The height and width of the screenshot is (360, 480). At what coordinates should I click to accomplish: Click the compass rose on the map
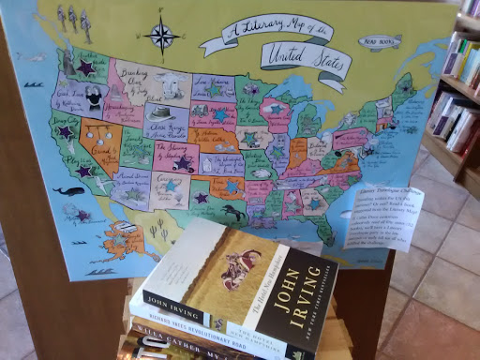pyautogui.click(x=164, y=37)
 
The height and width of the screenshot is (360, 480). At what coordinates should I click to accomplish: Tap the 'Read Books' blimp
pyautogui.click(x=382, y=42)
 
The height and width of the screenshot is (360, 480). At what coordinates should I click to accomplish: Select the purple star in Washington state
pyautogui.click(x=86, y=67)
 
